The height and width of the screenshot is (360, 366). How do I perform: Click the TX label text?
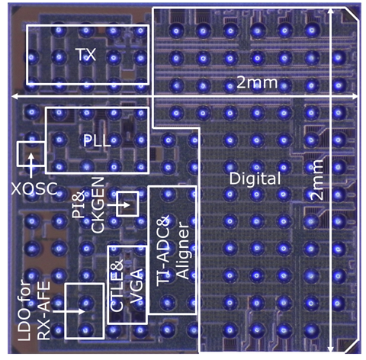tap(86, 55)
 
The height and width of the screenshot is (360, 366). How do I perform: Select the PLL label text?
tap(97, 140)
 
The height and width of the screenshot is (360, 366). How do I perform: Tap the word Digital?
tap(255, 178)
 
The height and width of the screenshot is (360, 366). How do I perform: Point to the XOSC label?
tap(34, 189)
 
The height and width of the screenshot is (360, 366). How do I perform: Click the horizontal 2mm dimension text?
tap(257, 82)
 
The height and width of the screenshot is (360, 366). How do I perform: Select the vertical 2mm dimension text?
tap(317, 180)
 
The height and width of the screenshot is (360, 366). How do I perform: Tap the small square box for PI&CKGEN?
tap(127, 204)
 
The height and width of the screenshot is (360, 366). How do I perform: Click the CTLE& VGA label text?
tap(127, 286)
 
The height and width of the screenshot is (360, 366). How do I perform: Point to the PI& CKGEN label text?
tap(88, 205)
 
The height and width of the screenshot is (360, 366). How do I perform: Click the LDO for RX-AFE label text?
tap(34, 310)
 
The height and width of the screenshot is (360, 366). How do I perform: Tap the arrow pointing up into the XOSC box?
tap(31, 166)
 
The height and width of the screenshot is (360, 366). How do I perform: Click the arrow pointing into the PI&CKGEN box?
tap(118, 205)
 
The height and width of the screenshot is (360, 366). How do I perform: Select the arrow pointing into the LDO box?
tap(69, 311)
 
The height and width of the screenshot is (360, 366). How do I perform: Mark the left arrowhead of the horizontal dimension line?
tap(15, 96)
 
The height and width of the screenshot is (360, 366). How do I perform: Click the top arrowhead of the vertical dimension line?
tap(331, 11)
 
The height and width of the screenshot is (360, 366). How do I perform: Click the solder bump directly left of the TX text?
tap(59, 57)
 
